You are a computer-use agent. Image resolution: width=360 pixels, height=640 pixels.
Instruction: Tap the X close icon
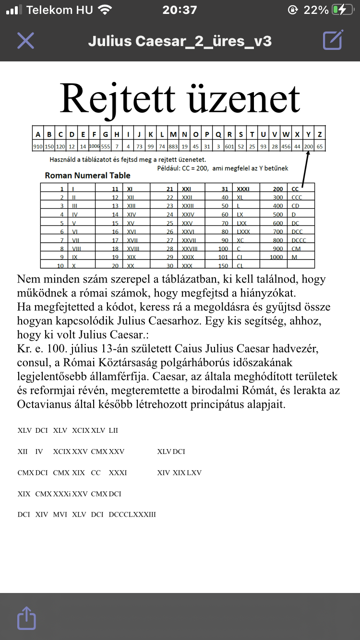pyautogui.click(x=25, y=41)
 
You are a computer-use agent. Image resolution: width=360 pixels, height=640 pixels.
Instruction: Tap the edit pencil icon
pyautogui.click(x=333, y=40)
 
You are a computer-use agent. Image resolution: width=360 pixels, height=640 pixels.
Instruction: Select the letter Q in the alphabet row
pyautogui.click(x=218, y=134)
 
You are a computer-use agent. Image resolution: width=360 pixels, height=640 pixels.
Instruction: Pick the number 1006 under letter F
pyautogui.click(x=94, y=146)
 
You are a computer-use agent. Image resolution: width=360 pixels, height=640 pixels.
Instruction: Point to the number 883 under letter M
pyautogui.click(x=173, y=146)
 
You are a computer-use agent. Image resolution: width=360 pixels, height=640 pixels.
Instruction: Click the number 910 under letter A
pyautogui.click(x=38, y=146)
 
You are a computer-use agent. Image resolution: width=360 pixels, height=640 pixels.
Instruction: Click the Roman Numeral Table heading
pyautogui.click(x=87, y=176)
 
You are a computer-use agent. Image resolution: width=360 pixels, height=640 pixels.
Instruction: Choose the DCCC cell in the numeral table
pyautogui.click(x=299, y=240)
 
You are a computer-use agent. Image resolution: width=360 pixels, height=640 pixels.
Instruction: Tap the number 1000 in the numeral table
pyautogui.click(x=276, y=258)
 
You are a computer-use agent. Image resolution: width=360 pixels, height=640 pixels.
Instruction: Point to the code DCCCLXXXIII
pyautogui.click(x=132, y=515)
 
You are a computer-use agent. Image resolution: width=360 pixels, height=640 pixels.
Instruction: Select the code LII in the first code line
pyautogui.click(x=113, y=430)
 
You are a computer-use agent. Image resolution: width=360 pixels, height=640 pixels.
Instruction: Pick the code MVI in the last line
pyautogui.click(x=60, y=515)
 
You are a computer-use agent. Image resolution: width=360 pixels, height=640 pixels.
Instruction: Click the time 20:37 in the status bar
pyautogui.click(x=180, y=10)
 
